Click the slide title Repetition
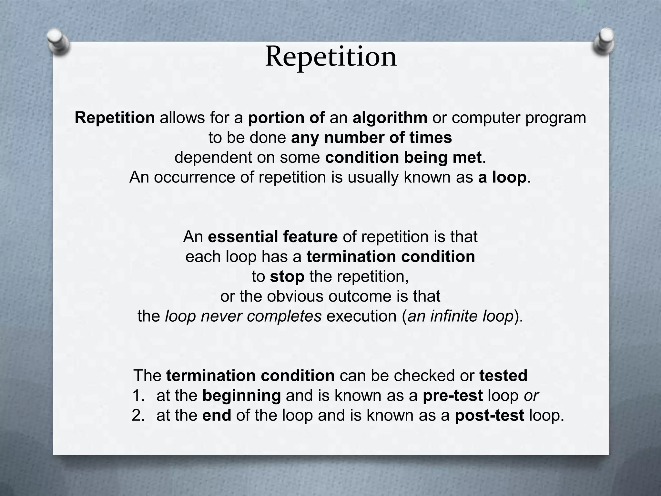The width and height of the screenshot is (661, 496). point(331,57)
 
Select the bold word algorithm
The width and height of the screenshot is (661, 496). point(390,118)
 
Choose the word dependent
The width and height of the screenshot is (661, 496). point(213,158)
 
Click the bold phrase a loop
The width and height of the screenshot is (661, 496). point(502,178)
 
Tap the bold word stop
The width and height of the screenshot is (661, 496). point(287,277)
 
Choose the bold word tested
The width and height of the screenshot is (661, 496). point(503,376)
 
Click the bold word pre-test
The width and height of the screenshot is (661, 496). point(453,396)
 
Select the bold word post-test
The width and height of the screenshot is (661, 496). point(489,416)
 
